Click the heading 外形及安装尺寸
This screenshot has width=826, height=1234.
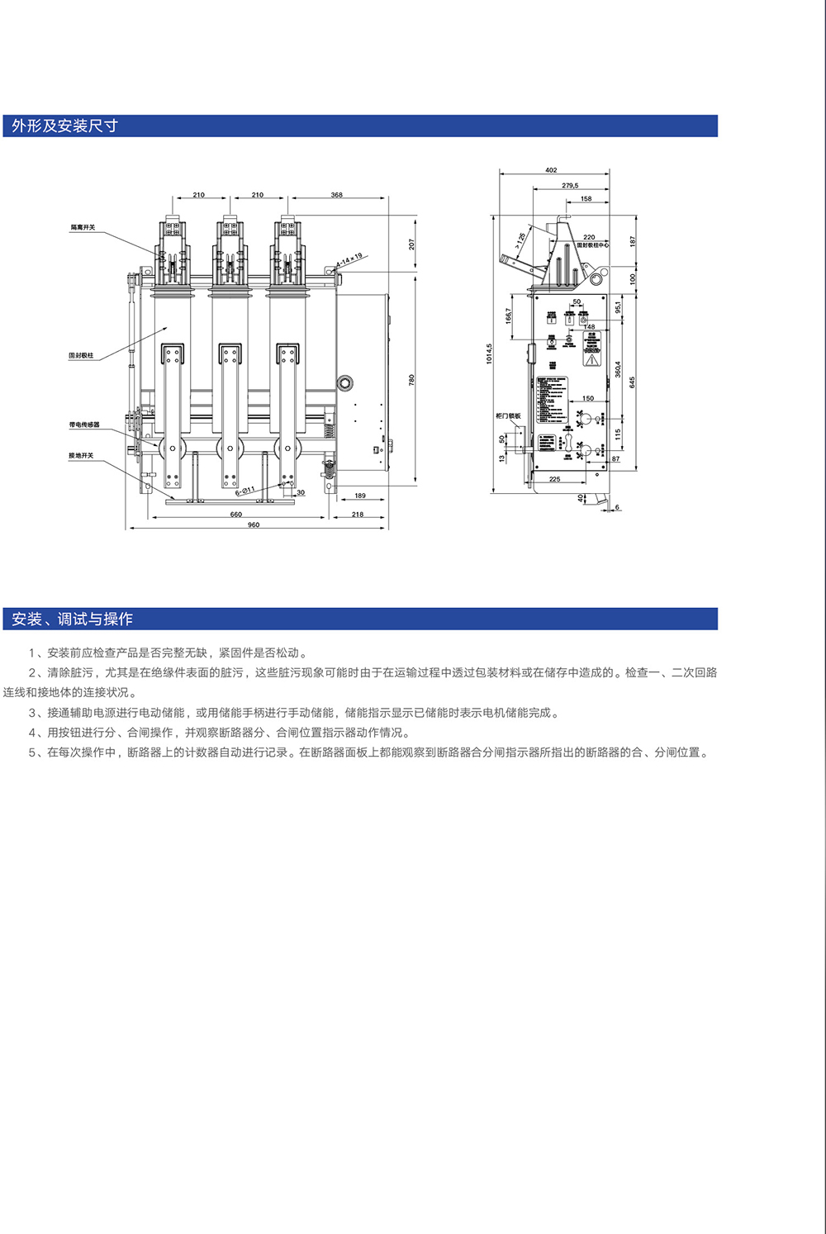click(64, 126)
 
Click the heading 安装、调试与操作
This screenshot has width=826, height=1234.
click(72, 619)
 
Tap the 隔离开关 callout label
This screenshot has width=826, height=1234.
click(83, 227)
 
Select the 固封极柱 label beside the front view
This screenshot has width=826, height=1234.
click(81, 355)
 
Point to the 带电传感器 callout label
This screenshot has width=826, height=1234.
click(84, 425)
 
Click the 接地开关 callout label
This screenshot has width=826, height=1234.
click(81, 455)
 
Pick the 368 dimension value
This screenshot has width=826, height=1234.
click(336, 195)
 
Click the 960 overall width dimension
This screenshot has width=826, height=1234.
click(254, 524)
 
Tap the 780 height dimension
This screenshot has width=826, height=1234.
click(411, 380)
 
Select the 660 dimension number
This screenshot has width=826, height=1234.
click(236, 514)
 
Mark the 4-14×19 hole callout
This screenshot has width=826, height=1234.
click(349, 261)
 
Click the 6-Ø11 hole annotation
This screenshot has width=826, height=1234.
click(244, 491)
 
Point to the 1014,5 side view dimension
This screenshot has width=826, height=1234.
click(489, 354)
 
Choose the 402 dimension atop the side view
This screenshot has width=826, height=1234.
click(551, 170)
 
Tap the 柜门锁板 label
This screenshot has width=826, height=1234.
click(508, 415)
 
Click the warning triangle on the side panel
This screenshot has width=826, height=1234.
click(591, 359)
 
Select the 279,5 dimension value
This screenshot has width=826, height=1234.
click(570, 186)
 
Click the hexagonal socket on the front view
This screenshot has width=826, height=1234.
click(345, 382)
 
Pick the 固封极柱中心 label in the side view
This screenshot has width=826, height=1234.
click(592, 244)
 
